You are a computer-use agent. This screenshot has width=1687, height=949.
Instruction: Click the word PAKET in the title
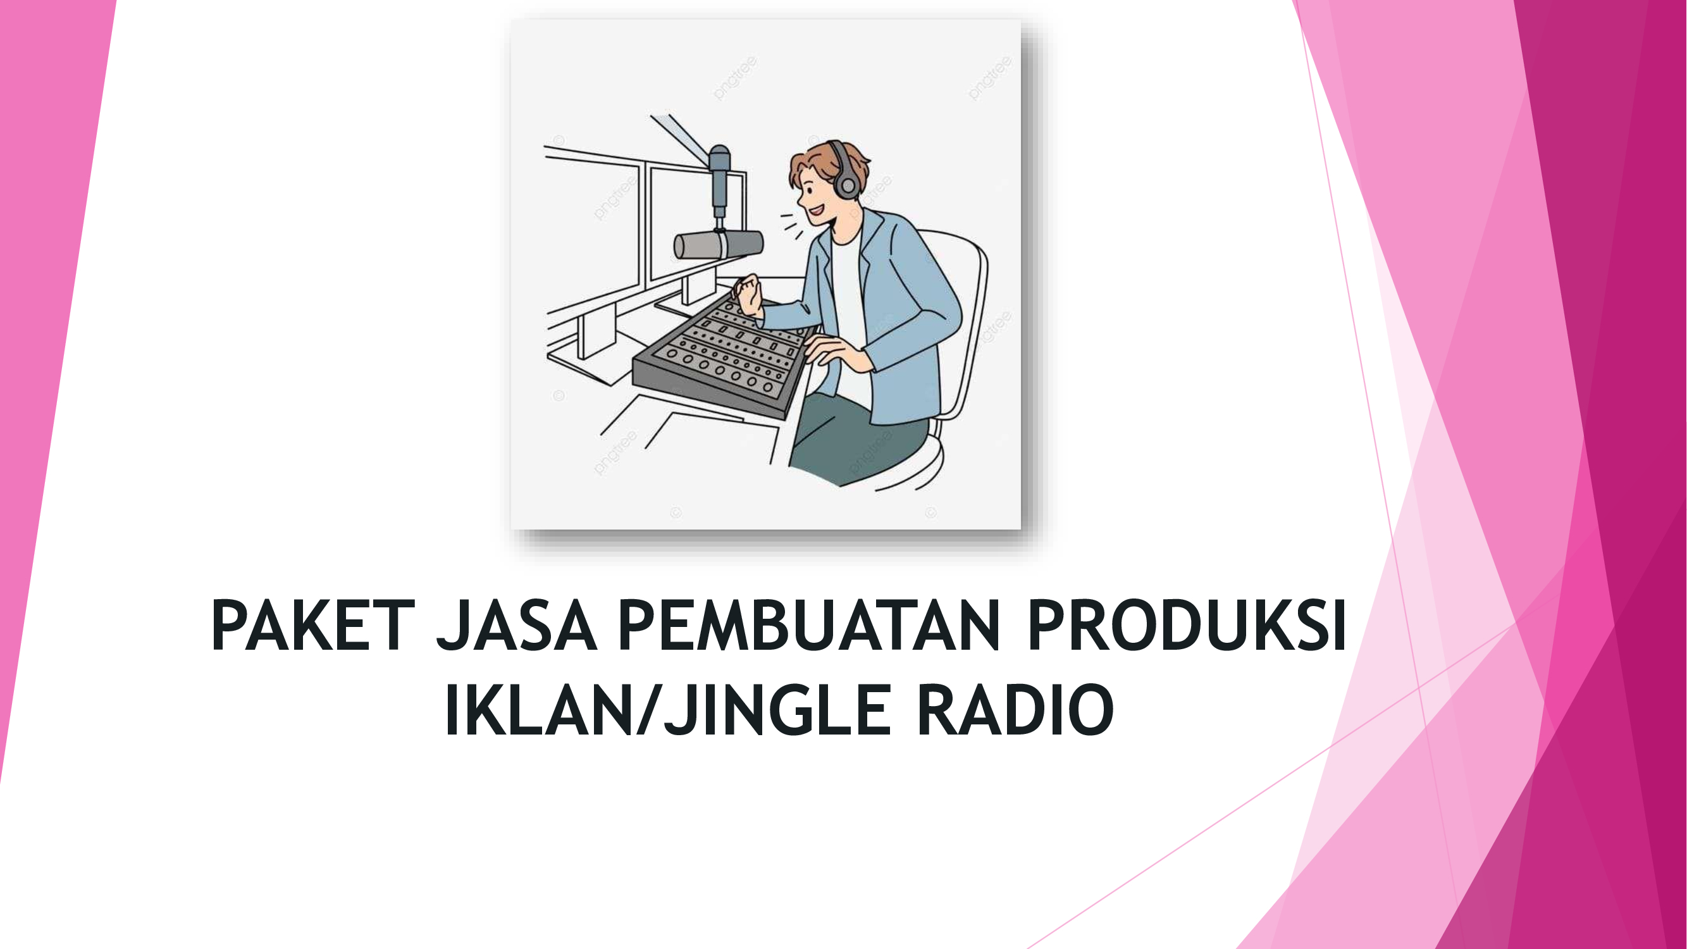click(x=313, y=626)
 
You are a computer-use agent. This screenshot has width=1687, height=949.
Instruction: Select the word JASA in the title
click(x=517, y=626)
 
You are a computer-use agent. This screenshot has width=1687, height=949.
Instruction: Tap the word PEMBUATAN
click(x=809, y=626)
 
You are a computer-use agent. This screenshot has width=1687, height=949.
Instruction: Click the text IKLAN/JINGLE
click(x=668, y=710)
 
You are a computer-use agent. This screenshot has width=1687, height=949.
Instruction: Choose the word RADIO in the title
click(x=1015, y=710)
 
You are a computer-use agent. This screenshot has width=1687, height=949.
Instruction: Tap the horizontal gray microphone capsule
click(x=719, y=244)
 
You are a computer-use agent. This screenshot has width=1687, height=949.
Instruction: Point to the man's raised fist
click(x=748, y=294)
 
